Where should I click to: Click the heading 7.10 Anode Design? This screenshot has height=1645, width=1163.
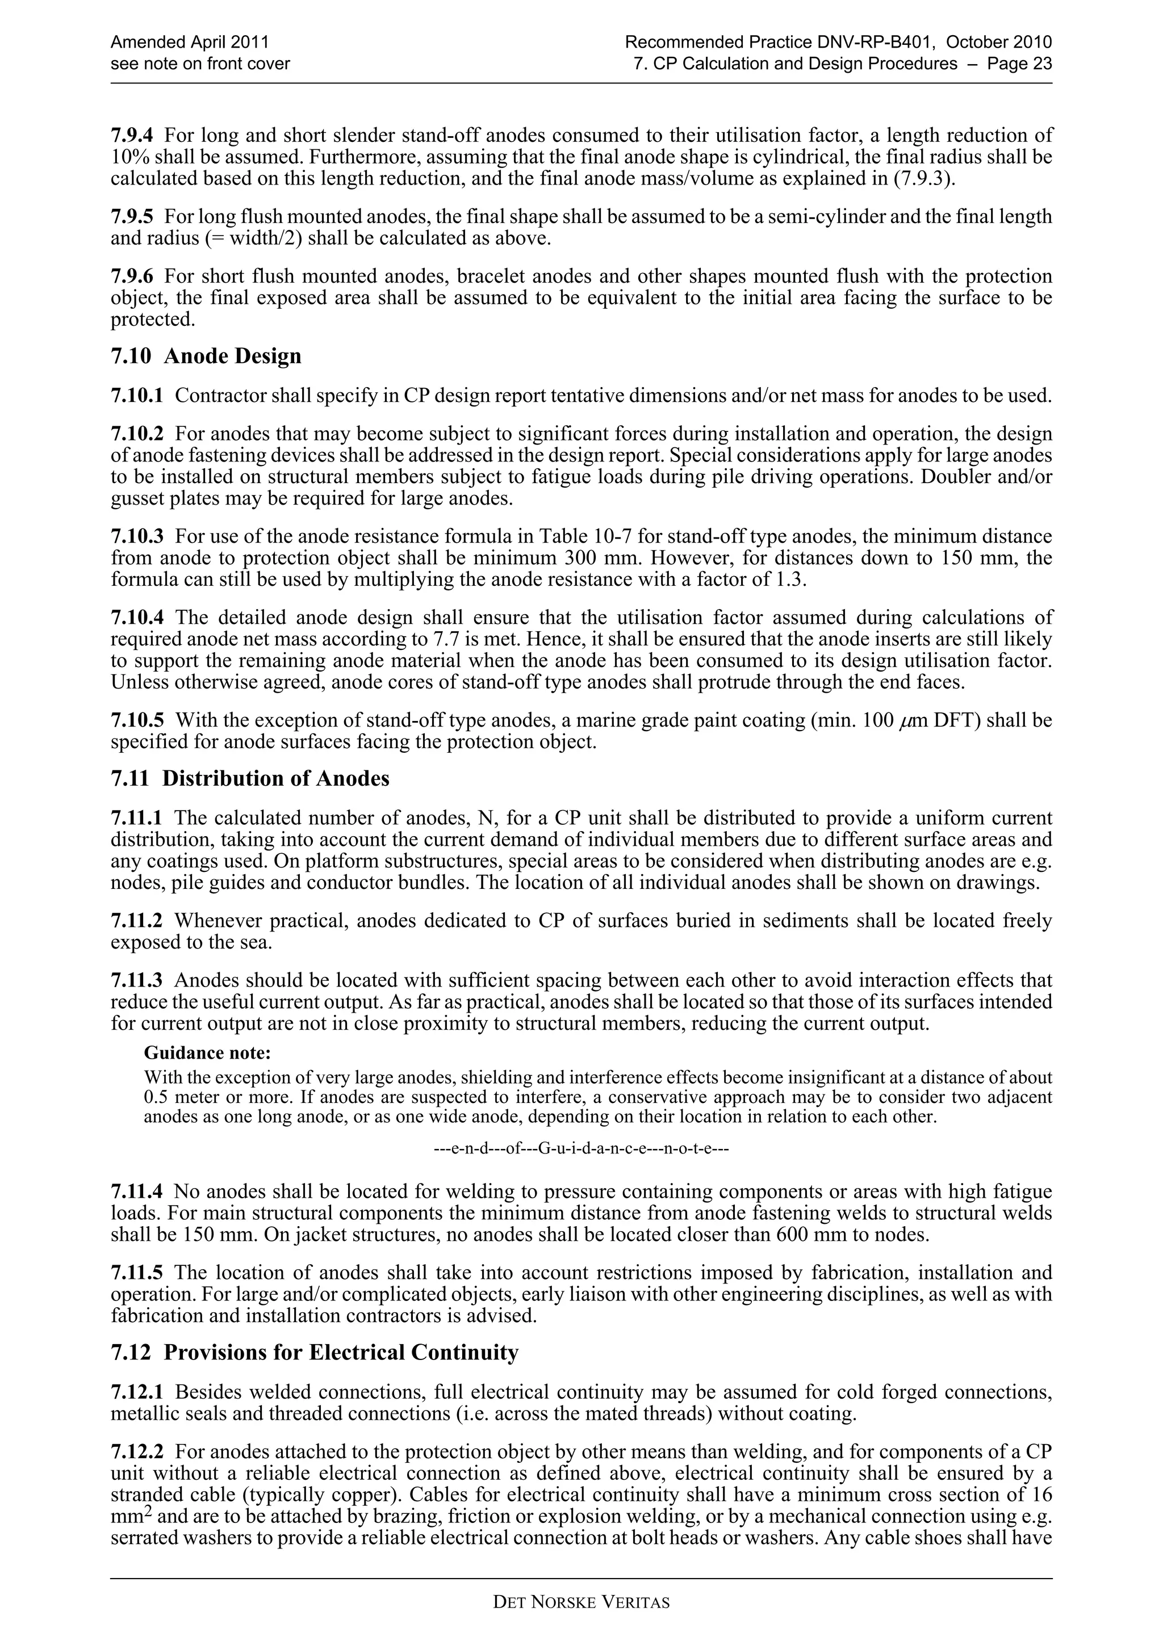206,356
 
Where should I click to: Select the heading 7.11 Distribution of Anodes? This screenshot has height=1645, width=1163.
250,778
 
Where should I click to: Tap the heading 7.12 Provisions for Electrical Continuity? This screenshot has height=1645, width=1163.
315,1352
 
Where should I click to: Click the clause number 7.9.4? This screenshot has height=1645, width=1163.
132,135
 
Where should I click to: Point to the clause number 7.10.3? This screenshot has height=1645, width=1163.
137,536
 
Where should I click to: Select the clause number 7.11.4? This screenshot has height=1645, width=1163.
137,1191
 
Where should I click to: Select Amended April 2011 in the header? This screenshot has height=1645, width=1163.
189,42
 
